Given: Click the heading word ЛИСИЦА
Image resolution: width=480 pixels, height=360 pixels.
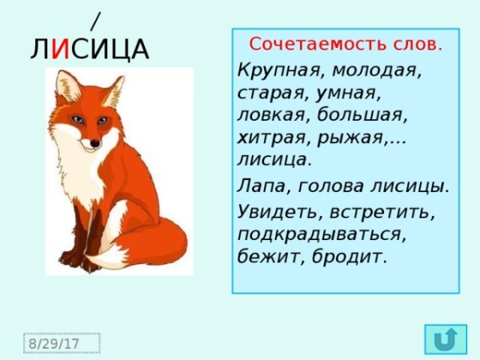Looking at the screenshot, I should (90, 50).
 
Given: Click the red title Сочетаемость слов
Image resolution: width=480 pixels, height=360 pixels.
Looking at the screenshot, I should (346, 43).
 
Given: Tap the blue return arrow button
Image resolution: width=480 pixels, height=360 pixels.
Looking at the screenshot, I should (443, 340).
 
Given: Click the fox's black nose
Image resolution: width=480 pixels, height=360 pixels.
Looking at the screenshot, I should (94, 144).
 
